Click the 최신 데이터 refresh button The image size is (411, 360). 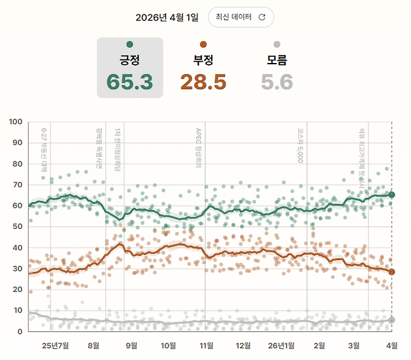point(240,17)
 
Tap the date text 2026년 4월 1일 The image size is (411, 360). point(167,17)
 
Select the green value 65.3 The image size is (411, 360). point(129,82)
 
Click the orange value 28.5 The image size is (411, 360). point(203,82)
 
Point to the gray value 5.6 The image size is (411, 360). point(277,82)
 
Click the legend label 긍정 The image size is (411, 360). point(129,61)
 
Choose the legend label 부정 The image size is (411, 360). point(203,61)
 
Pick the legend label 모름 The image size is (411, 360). point(277,61)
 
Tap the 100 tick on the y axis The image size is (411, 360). point(17,122)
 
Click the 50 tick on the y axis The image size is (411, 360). point(19,226)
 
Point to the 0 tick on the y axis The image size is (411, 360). point(21,331)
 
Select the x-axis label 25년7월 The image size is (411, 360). point(55,346)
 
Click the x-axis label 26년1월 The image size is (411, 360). point(282,346)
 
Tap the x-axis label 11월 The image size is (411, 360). point(206,346)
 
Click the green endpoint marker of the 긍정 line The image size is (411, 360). point(392,195)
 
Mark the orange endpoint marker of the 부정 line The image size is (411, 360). point(392,272)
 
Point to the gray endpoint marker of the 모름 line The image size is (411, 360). point(392,320)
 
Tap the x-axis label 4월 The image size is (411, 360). point(391,346)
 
